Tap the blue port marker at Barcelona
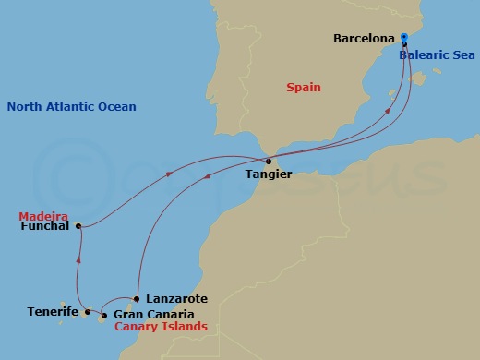click(x=404, y=39)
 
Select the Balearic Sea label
click(x=437, y=55)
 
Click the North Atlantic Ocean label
click(x=71, y=107)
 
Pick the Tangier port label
click(x=270, y=174)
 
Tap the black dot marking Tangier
click(x=268, y=162)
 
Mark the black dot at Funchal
click(x=78, y=225)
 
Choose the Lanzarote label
click(x=176, y=299)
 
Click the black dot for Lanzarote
click(x=137, y=298)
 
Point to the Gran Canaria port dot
click(x=104, y=316)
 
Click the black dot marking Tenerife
click(x=88, y=312)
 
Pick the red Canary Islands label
click(x=160, y=327)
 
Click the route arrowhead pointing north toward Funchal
click(x=79, y=259)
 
